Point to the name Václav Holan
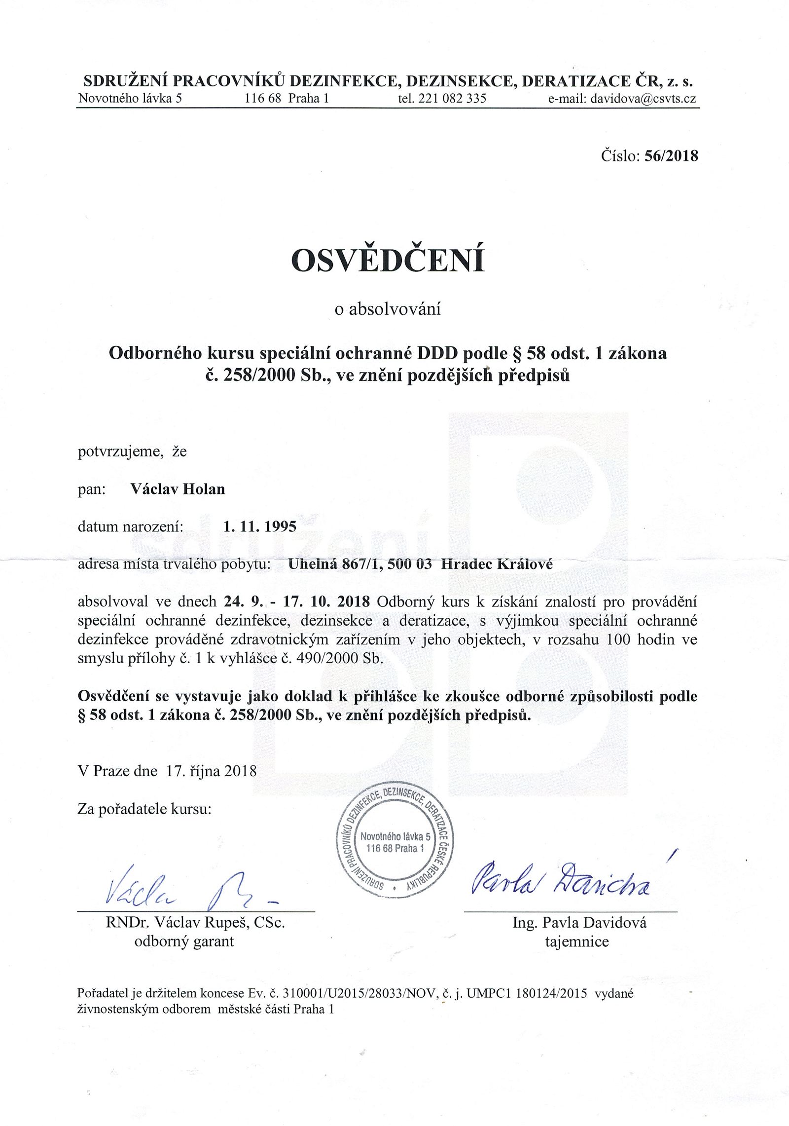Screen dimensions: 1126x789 [x=178, y=489]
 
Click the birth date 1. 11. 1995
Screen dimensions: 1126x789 [x=260, y=526]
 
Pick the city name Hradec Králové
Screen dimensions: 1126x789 [x=497, y=564]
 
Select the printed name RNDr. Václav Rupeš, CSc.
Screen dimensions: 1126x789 [x=196, y=923]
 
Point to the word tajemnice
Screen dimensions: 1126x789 [x=577, y=941]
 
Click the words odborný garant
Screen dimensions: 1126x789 [x=184, y=941]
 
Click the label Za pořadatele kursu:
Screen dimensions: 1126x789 [x=144, y=809]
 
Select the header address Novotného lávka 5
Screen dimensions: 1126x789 [x=130, y=98]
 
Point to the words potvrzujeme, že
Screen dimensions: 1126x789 [x=132, y=451]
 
